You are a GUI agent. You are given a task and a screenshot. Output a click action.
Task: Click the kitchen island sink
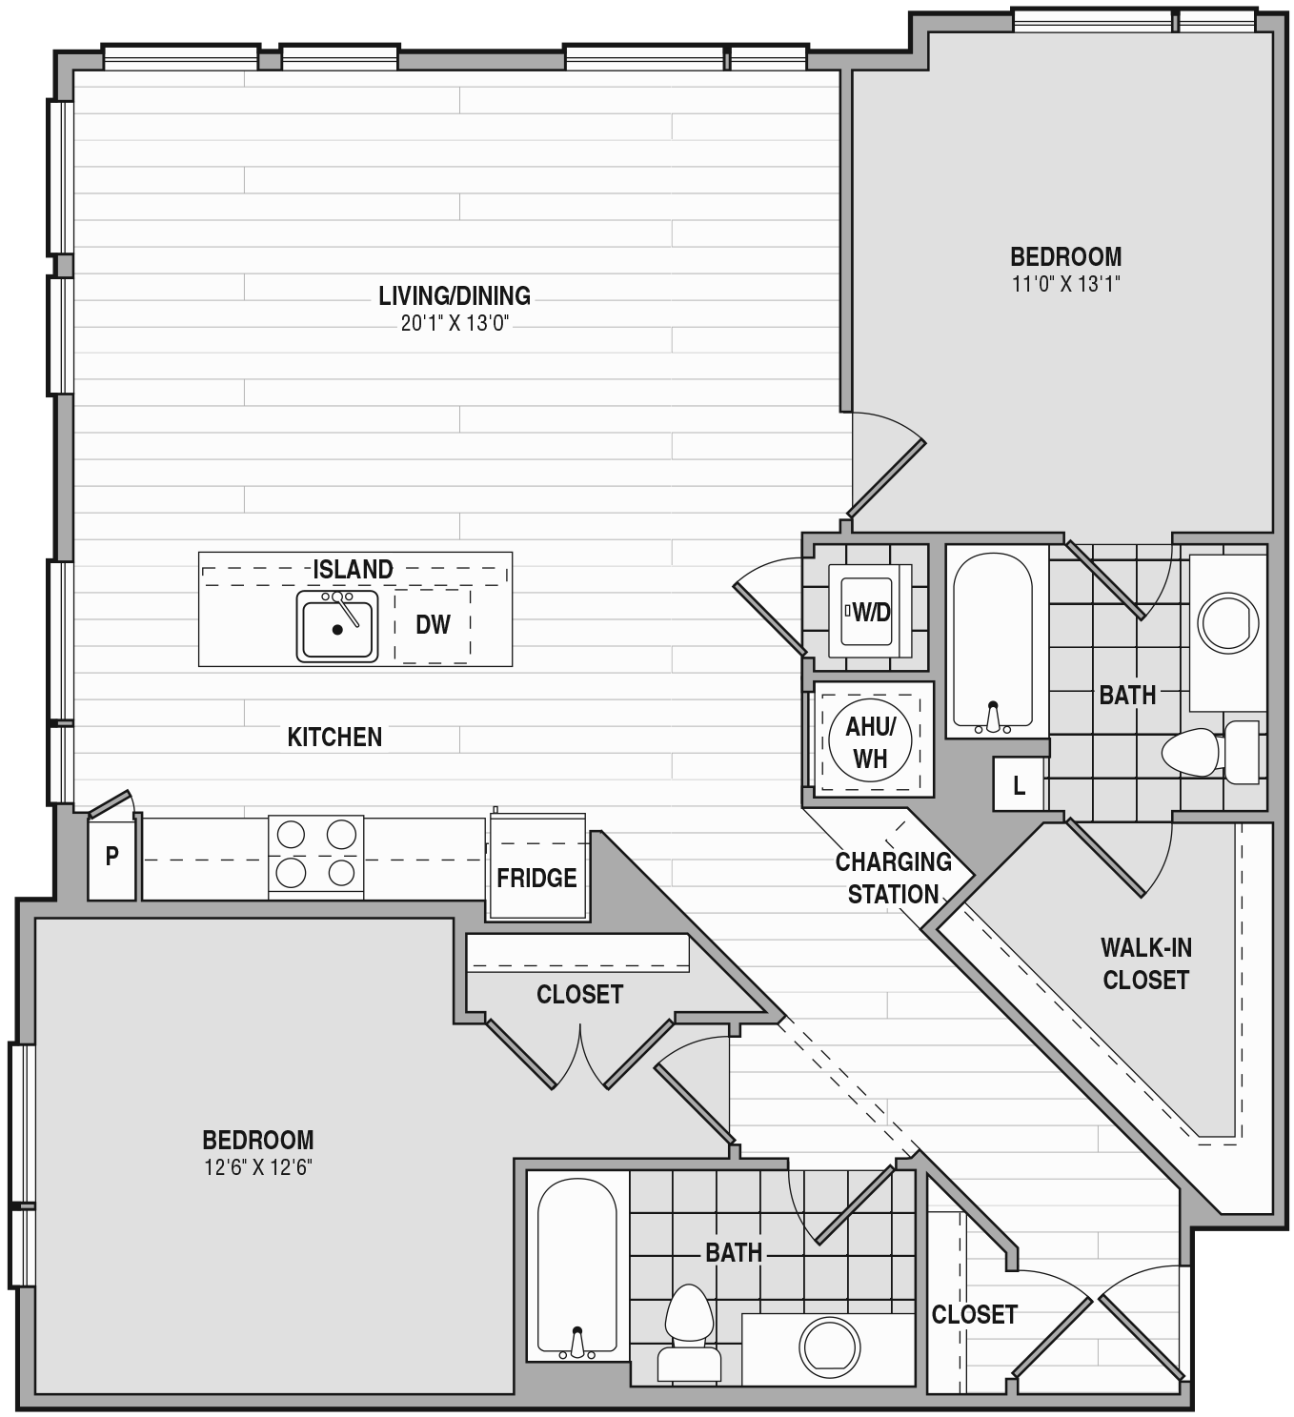coord(337,626)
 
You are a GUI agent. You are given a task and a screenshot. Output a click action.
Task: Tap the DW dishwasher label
coord(433,624)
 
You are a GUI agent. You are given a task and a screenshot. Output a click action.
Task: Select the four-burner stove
coord(315,857)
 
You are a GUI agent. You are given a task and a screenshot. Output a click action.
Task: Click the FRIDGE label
coord(536,878)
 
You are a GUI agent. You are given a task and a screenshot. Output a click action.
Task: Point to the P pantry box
coord(111,858)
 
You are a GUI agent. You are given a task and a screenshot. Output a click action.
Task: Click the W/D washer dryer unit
coord(869,611)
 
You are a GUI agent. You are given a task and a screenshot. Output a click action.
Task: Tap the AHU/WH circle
coord(870,740)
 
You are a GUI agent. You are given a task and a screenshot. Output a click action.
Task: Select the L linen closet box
coord(1019,783)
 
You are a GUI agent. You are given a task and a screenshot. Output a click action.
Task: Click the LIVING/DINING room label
coord(455,296)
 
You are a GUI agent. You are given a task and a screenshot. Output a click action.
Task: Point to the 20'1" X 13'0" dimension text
coord(455,324)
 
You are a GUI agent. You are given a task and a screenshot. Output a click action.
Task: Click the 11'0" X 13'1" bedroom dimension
coord(1066,284)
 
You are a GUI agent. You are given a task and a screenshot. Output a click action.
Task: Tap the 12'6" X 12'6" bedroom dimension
coord(258,1167)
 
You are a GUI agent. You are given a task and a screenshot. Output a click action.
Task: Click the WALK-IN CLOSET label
coord(1145,963)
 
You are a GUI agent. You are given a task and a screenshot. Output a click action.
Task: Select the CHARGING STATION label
coord(894,878)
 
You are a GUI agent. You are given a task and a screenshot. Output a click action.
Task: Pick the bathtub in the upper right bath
coord(992,641)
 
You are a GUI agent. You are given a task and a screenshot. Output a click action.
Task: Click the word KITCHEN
coord(334,738)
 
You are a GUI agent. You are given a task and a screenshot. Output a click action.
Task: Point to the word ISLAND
coord(353,569)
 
